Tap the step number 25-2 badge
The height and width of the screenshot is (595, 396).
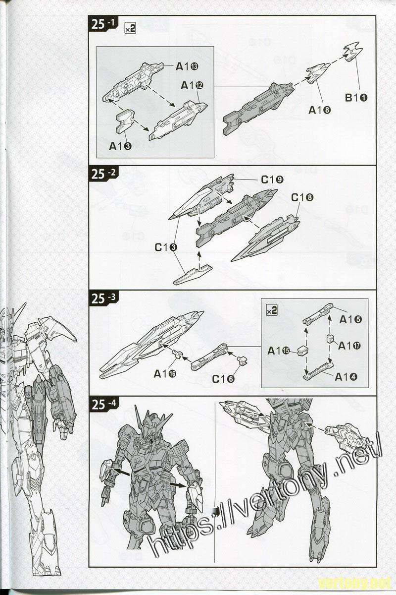[x=105, y=174]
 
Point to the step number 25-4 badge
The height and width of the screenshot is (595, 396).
[x=105, y=404]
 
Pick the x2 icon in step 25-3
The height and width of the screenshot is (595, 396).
[x=271, y=310]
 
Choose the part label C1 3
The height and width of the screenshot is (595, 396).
[x=166, y=247]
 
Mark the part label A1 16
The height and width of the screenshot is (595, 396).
[x=166, y=373]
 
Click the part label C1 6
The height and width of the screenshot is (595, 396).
[x=223, y=379]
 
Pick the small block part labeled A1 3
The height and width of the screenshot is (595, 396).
[x=125, y=121]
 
